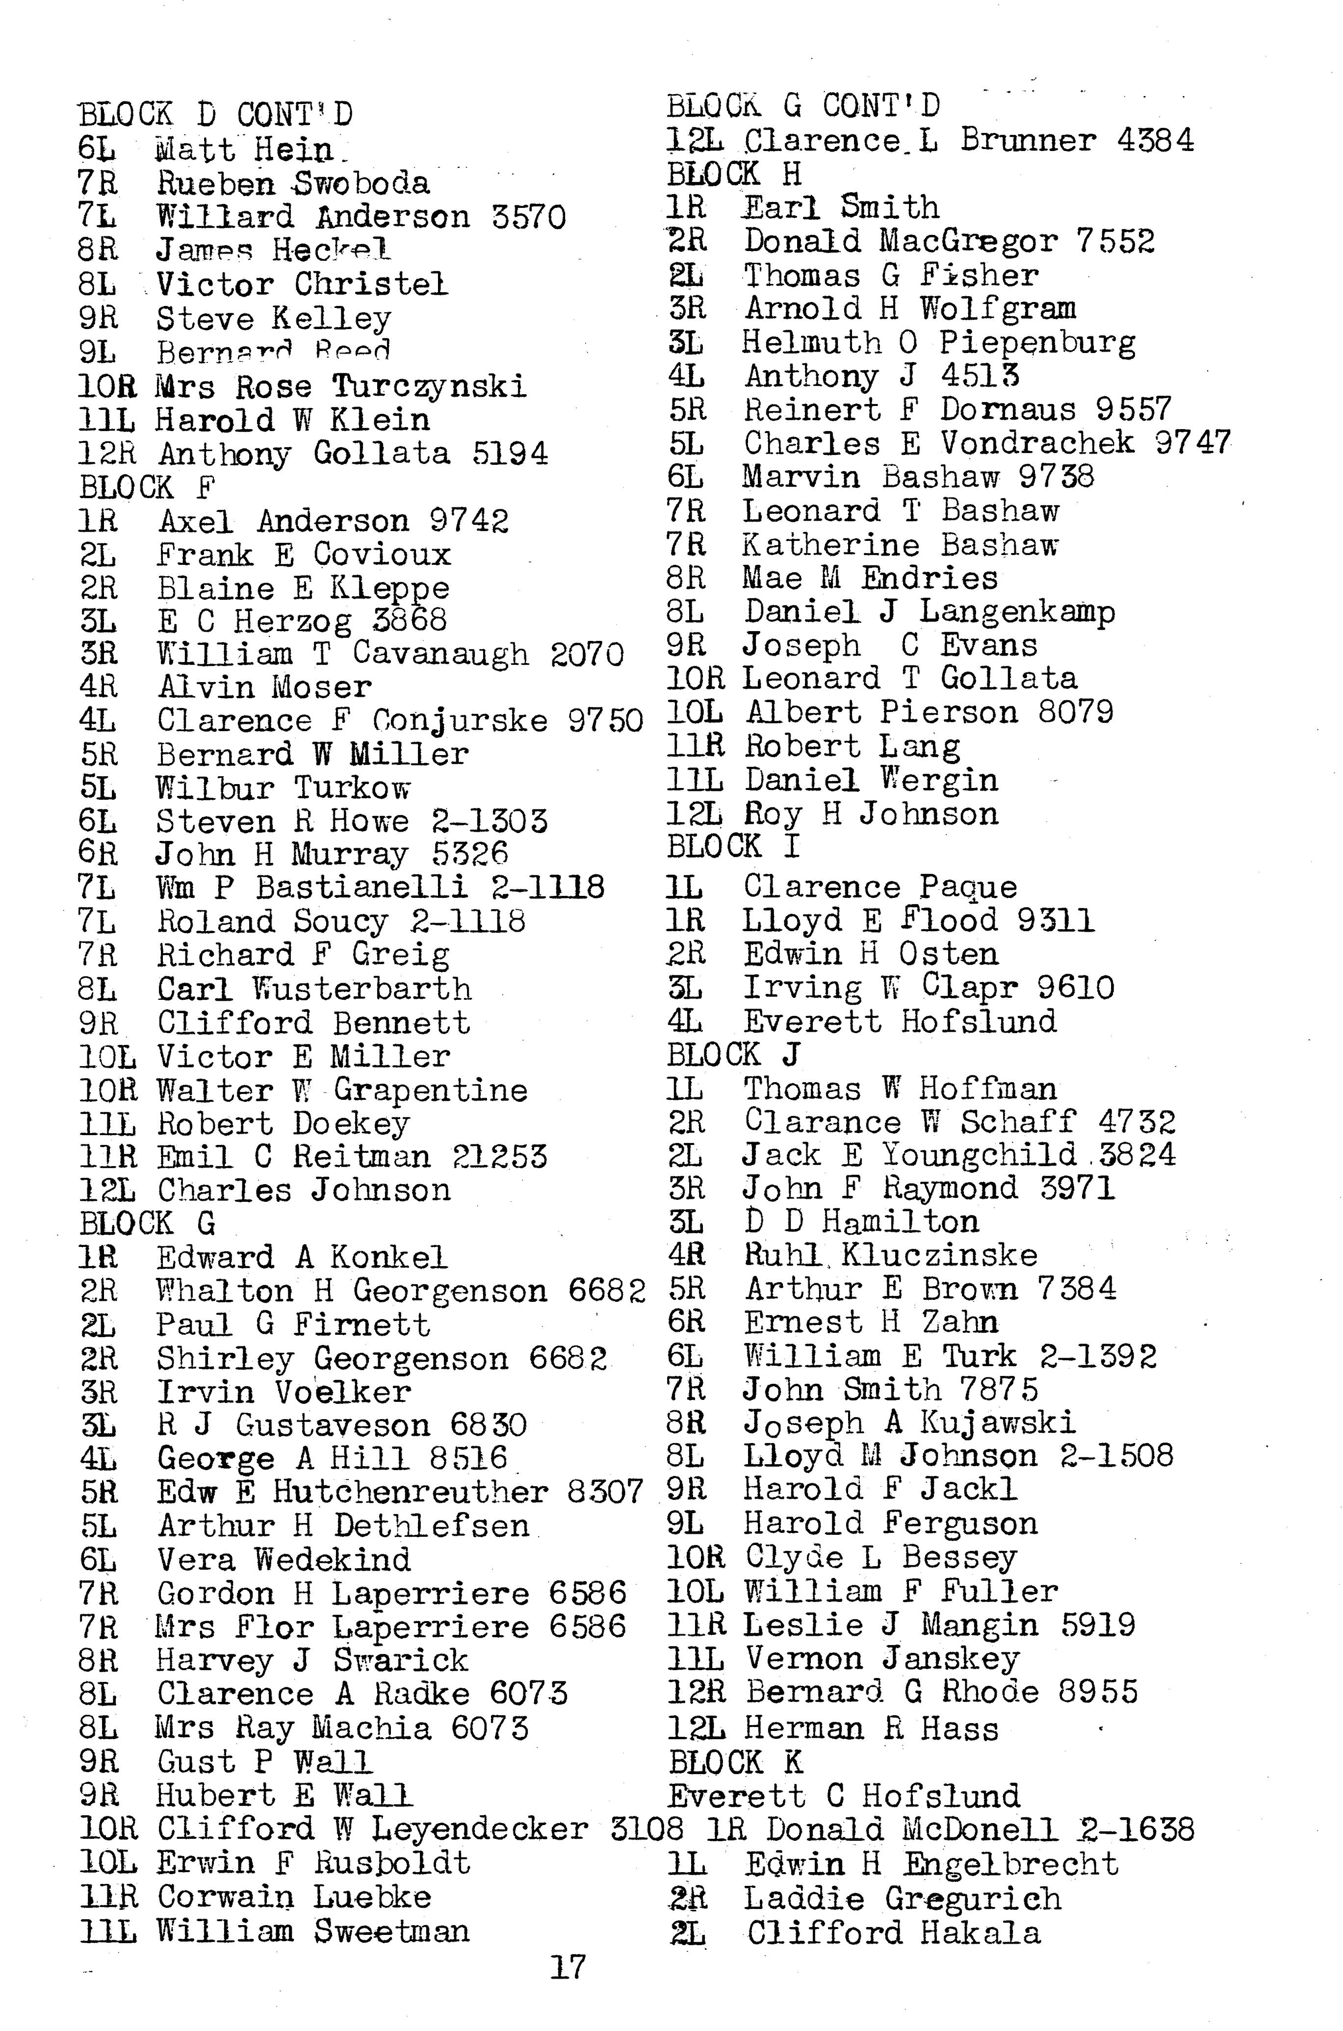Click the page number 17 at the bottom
point(567,1967)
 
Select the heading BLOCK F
point(147,487)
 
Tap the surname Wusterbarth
point(362,989)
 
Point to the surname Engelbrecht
point(1010,1864)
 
